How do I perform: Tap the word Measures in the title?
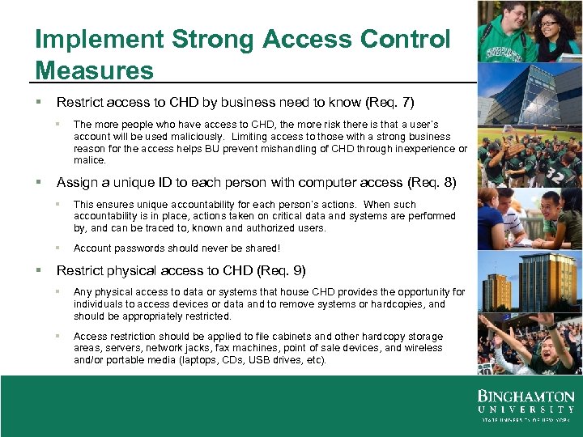point(94,70)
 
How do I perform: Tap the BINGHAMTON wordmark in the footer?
point(526,397)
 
